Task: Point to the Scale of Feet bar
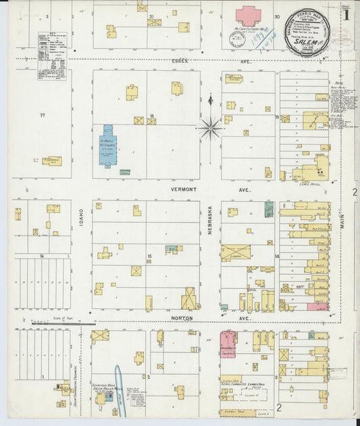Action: (51, 323)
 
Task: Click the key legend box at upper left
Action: (53, 57)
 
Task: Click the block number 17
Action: (42, 115)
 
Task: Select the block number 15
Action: (149, 255)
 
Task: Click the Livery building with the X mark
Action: (235, 253)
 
